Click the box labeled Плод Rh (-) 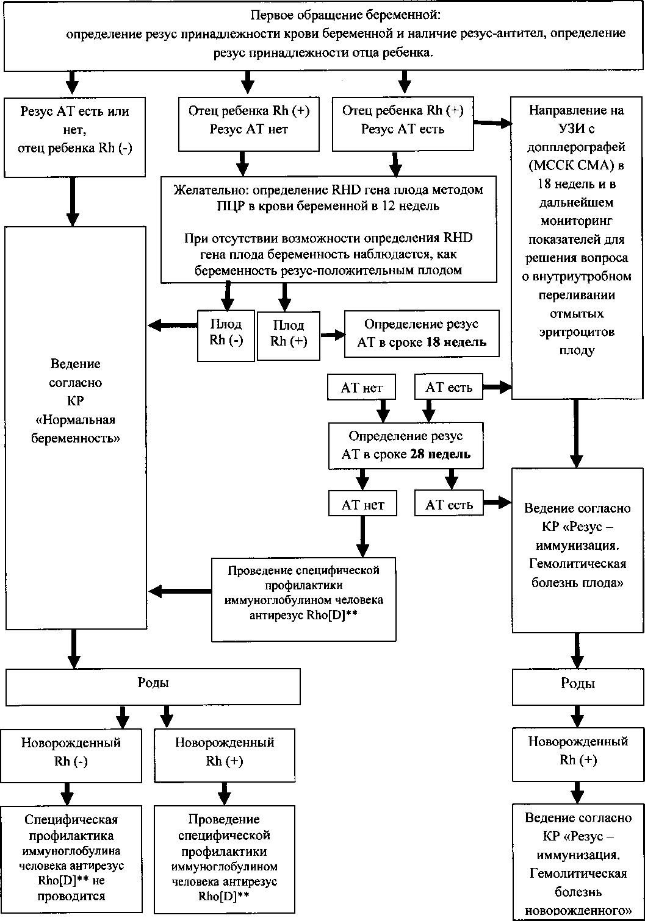(226, 335)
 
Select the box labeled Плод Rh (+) (288, 336)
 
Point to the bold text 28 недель (440, 454)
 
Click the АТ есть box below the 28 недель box (449, 503)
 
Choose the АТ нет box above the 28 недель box (361, 387)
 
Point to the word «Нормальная (75, 420)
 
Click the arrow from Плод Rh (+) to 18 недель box (333, 335)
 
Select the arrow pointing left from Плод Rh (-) (173, 325)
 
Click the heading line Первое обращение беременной (346, 15)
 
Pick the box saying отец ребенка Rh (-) (74, 137)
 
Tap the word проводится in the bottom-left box (71, 896)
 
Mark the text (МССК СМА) (576, 166)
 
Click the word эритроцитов (577, 332)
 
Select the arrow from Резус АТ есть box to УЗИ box (492, 123)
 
